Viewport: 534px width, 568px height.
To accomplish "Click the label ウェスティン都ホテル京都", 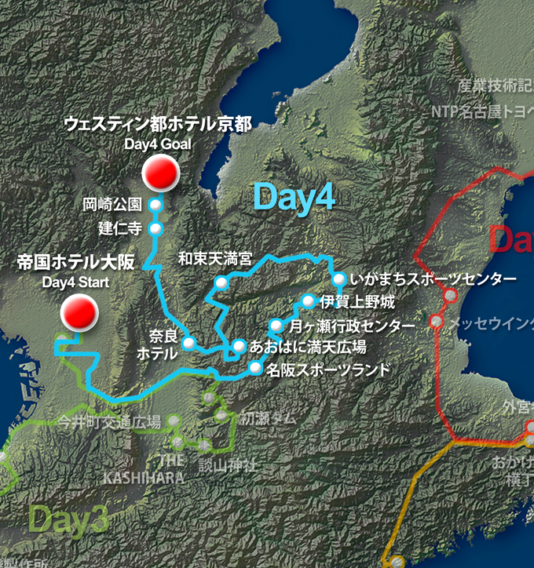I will coord(158,124).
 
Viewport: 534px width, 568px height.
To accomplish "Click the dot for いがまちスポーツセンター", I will coord(338,279).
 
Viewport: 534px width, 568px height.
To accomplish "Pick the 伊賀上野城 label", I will coord(357,302).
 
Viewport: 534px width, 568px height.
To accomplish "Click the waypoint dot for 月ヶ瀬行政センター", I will coord(276,325).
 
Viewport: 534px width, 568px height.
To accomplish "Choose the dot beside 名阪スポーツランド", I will coord(254,368).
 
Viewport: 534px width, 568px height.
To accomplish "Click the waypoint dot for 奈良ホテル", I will coord(189,343).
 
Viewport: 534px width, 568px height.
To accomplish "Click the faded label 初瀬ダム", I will coord(269,418).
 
